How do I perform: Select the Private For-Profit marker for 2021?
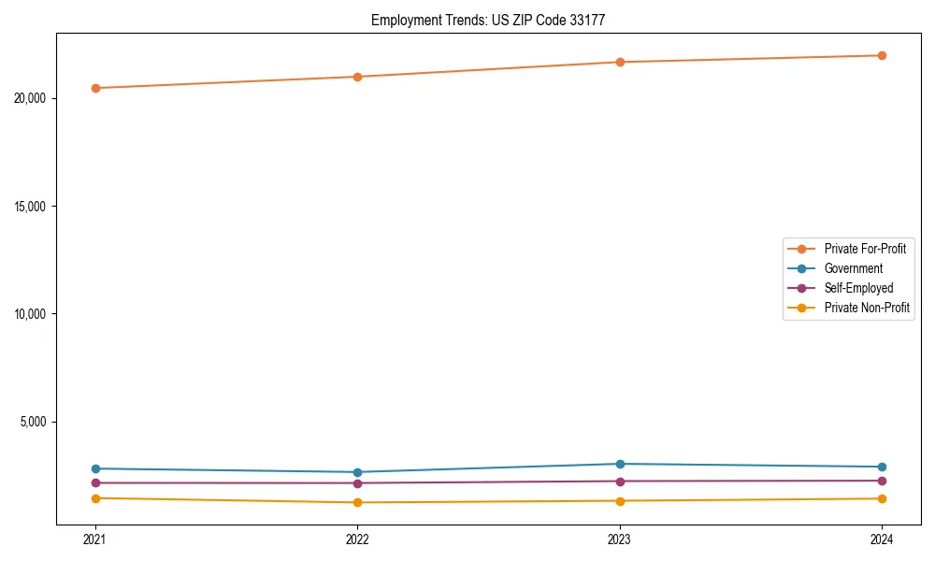(95, 88)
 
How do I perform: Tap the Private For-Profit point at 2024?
(882, 55)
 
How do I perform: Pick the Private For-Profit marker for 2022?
(357, 77)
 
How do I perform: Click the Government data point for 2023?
(620, 464)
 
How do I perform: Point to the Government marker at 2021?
(95, 468)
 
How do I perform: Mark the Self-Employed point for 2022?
(357, 483)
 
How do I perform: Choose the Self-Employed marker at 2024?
(882, 481)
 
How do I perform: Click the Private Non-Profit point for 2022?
(357, 502)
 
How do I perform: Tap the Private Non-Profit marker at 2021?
(95, 498)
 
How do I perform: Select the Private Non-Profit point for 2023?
(620, 500)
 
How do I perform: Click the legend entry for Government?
(853, 268)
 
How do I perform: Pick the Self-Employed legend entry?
(858, 288)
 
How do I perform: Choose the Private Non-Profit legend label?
(867, 308)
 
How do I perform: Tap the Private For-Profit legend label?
(865, 249)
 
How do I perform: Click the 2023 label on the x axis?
(620, 539)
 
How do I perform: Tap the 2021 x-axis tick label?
(95, 539)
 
